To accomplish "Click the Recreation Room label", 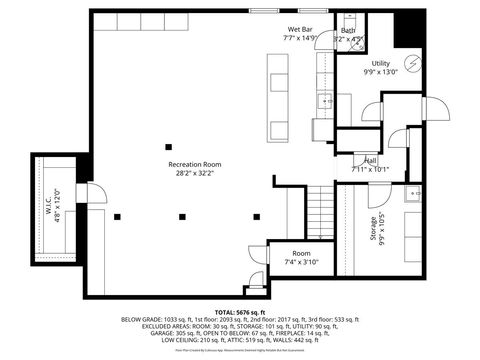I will pyautogui.click(x=194, y=164).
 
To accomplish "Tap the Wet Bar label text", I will pyautogui.click(x=300, y=30).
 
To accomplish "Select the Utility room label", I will pyautogui.click(x=380, y=62).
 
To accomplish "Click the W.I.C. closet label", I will pyautogui.click(x=47, y=205).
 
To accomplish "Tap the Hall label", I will pyautogui.click(x=370, y=160).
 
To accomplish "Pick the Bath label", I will pyautogui.click(x=348, y=31).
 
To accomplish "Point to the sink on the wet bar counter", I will pyautogui.click(x=326, y=101).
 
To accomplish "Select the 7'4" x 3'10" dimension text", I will pyautogui.click(x=302, y=263).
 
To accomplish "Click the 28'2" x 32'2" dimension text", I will pyautogui.click(x=194, y=173).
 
